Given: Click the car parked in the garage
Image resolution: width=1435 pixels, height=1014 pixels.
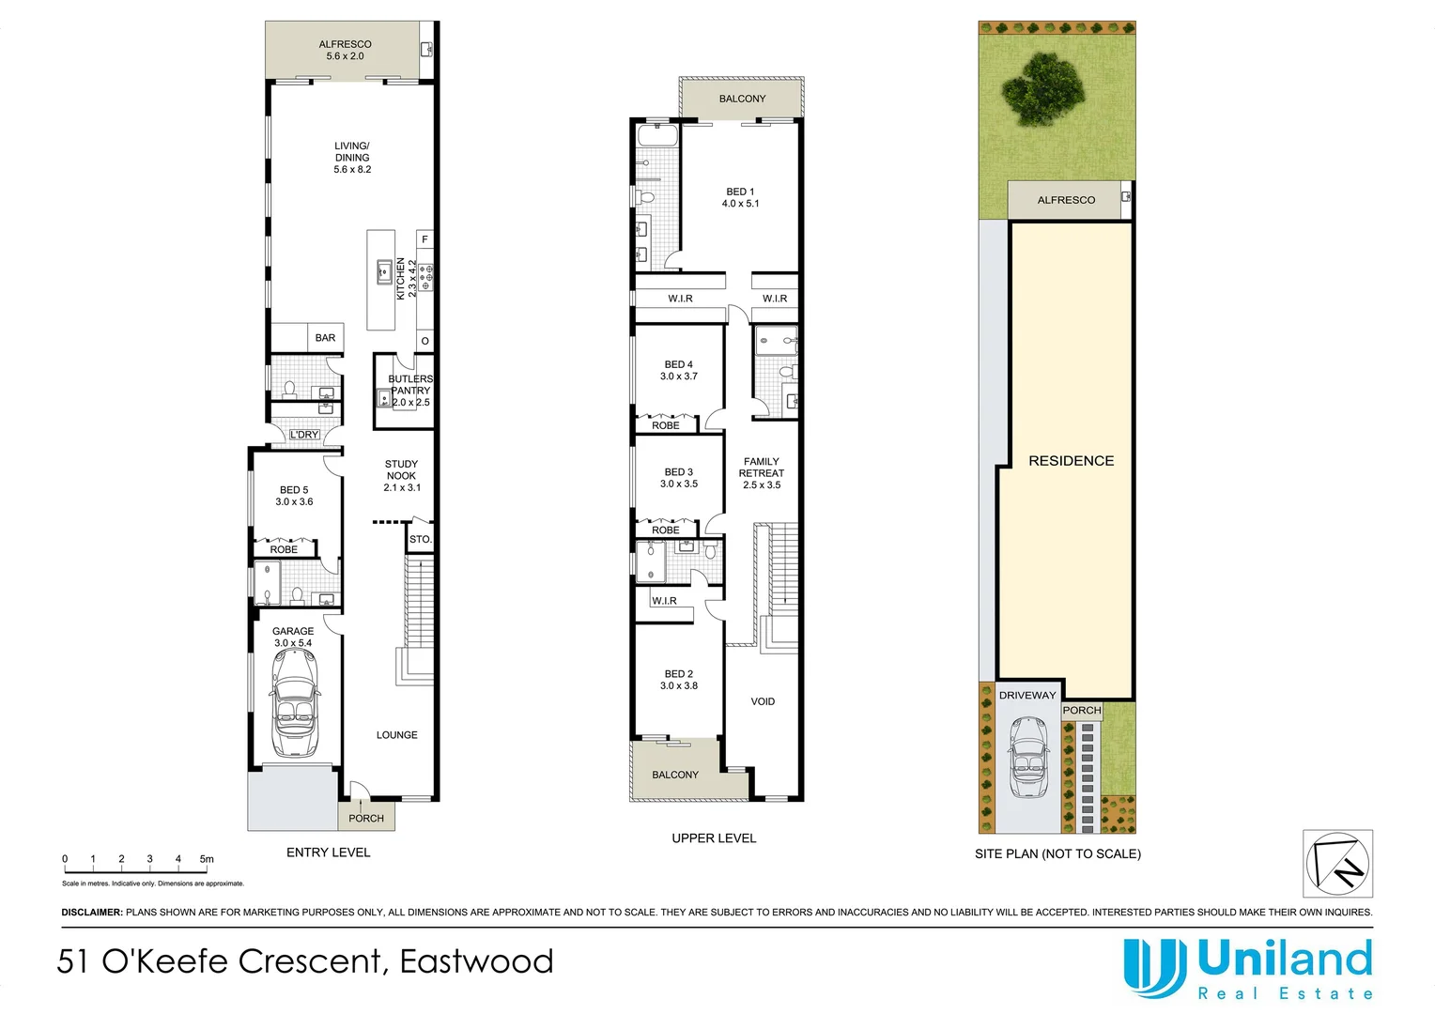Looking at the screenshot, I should pyautogui.click(x=295, y=702).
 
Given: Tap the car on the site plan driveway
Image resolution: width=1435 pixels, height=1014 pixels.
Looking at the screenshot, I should pyautogui.click(x=1028, y=757).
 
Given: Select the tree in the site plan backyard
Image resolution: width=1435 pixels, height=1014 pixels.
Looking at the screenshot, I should pyautogui.click(x=1042, y=86).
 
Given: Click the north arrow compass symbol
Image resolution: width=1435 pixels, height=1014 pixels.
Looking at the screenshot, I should pyautogui.click(x=1337, y=864).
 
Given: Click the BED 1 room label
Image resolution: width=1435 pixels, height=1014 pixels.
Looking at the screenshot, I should pyautogui.click(x=740, y=197).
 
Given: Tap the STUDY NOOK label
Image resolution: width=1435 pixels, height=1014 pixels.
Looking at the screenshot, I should pyautogui.click(x=401, y=475).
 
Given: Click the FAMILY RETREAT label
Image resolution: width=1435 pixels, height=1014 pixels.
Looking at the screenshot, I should pyautogui.click(x=761, y=473).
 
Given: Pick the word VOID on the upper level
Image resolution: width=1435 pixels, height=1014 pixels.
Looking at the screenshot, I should pyautogui.click(x=763, y=701).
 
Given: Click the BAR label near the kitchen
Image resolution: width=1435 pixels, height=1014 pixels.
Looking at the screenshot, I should pyautogui.click(x=325, y=338).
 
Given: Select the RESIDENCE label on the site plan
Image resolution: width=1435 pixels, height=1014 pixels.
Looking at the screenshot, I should pyautogui.click(x=1071, y=461).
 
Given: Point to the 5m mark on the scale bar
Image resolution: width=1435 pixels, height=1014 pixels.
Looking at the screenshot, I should pyautogui.click(x=207, y=859).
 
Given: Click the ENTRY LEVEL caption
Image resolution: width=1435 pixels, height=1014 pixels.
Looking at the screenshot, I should pyautogui.click(x=328, y=853).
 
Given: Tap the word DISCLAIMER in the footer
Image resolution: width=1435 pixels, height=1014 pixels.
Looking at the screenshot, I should pyautogui.click(x=91, y=912).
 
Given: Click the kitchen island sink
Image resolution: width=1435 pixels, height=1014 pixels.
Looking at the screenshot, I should pyautogui.click(x=383, y=272).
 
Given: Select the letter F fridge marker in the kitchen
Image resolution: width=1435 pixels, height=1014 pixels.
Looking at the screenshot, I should pyautogui.click(x=424, y=240).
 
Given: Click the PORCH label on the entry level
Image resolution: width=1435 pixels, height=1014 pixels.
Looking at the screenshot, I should pyautogui.click(x=366, y=819).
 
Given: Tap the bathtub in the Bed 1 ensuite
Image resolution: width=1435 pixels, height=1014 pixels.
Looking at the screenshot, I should pyautogui.click(x=657, y=136).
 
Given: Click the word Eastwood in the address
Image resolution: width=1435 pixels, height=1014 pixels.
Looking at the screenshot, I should pyautogui.click(x=476, y=961).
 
